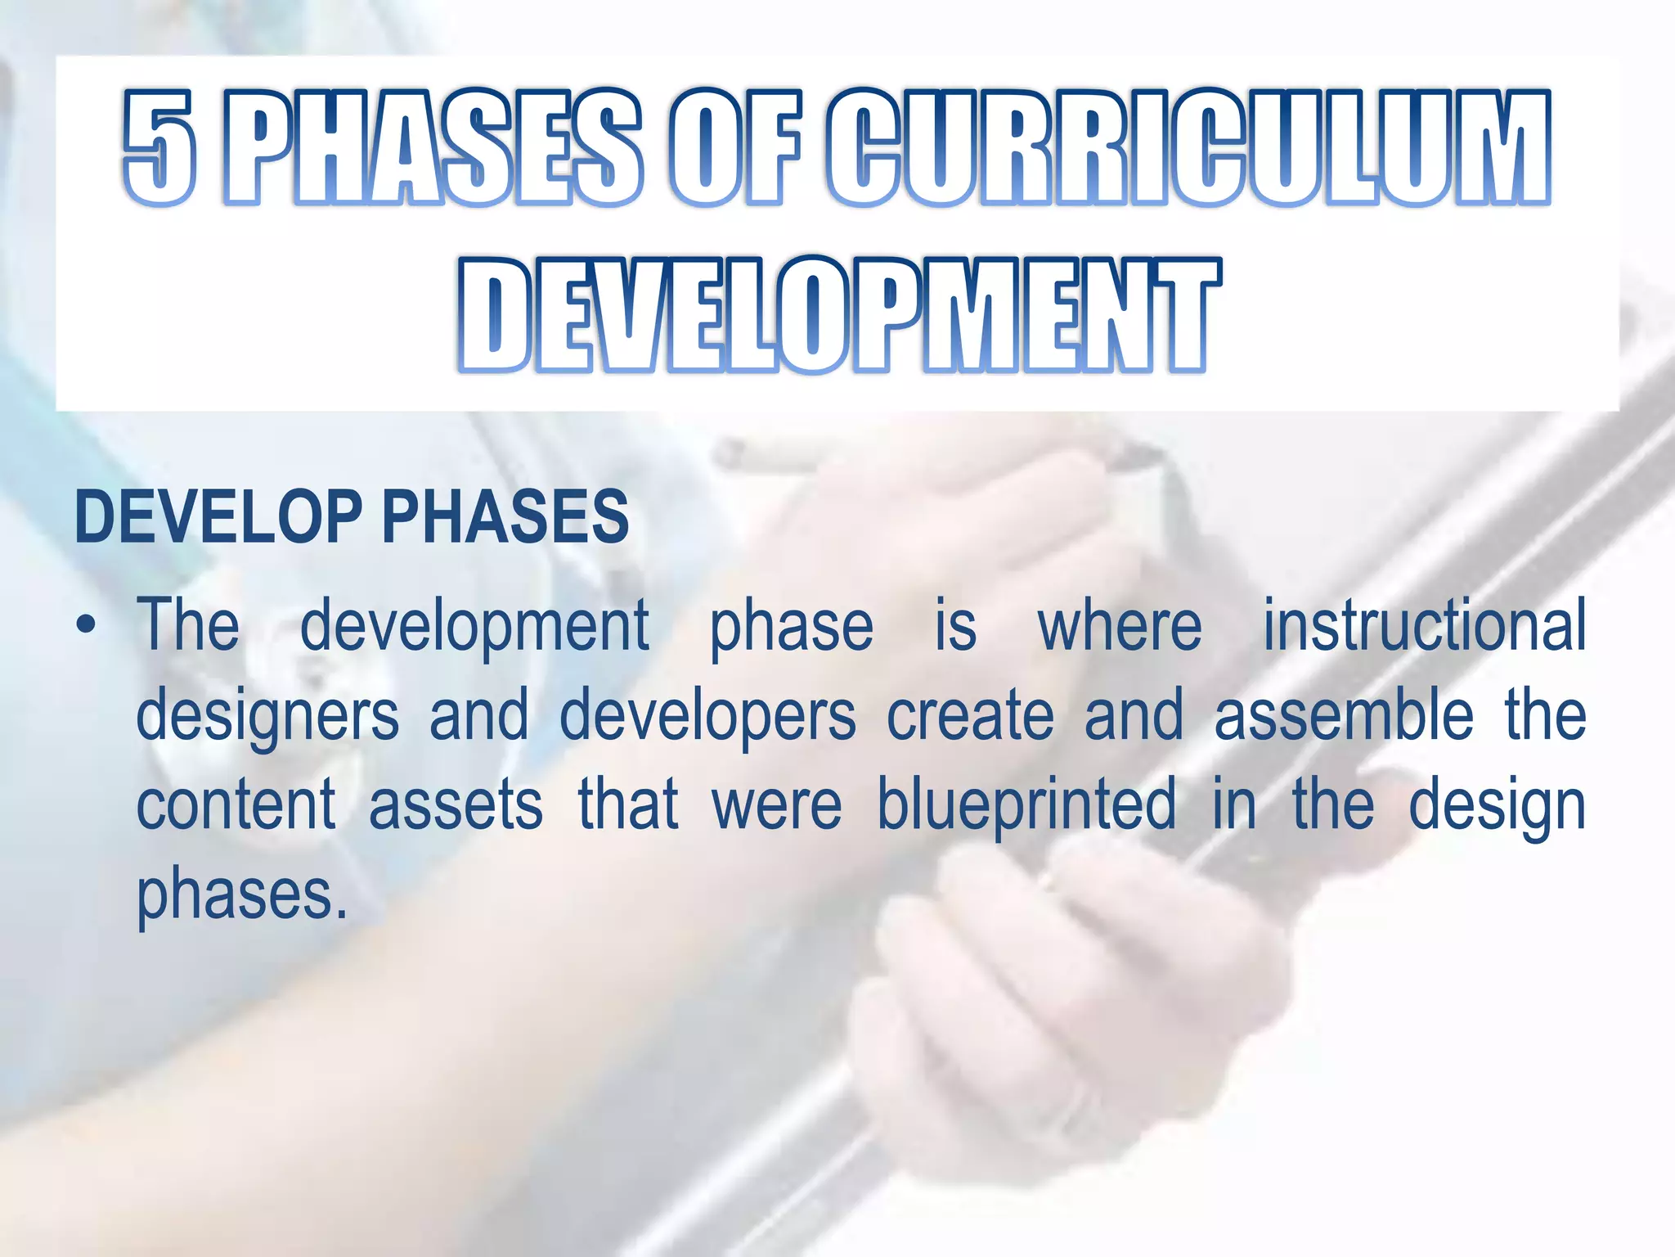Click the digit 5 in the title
point(161,147)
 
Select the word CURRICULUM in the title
point(1187,147)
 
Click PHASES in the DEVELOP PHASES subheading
point(505,517)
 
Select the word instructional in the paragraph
point(1424,626)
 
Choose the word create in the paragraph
point(971,716)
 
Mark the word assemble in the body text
point(1344,716)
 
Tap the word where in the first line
point(1120,627)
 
